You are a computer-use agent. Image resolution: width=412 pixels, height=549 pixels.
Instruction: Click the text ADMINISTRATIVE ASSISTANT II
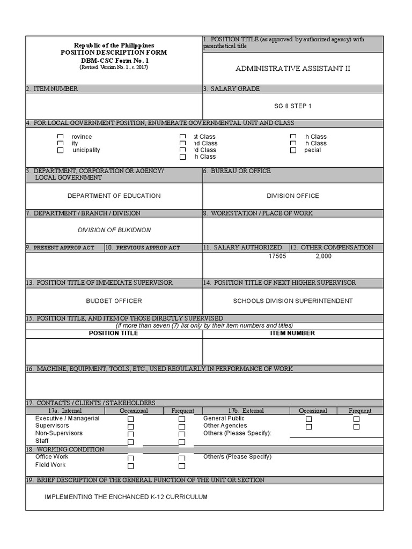(x=293, y=69)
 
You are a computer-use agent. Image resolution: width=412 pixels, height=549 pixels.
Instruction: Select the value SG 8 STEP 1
(x=293, y=106)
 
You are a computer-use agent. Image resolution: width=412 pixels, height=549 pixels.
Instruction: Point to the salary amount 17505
(x=277, y=256)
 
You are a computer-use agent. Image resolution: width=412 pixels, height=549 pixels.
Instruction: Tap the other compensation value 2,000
(x=323, y=256)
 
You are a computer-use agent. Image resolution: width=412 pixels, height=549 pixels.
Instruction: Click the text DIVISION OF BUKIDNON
(x=114, y=230)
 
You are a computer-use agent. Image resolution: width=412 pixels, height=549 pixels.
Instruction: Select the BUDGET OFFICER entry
(x=114, y=301)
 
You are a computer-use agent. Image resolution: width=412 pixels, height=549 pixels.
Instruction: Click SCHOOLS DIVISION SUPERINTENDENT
(x=293, y=301)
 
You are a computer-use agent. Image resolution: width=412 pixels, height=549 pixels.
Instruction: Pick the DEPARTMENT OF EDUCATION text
(x=114, y=196)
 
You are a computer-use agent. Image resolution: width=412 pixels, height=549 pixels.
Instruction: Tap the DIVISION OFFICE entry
(x=293, y=196)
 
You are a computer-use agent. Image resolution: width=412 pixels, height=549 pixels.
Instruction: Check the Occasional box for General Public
(x=308, y=419)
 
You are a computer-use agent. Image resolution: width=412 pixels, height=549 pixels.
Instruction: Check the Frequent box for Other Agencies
(x=357, y=427)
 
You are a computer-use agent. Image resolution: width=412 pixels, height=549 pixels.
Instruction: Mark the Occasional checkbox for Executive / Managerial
(x=131, y=419)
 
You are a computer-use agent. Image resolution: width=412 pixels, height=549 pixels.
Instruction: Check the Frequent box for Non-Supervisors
(x=182, y=434)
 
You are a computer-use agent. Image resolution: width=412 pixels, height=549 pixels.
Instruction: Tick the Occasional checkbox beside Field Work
(x=131, y=466)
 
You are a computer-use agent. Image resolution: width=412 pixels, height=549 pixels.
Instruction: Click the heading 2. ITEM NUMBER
(x=52, y=88)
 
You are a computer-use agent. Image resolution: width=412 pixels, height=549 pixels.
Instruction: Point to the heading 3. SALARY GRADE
(x=232, y=88)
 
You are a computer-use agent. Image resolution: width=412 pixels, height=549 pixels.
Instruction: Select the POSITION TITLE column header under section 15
(x=113, y=333)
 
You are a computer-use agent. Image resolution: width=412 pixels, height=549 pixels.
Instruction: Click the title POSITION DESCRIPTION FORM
(x=113, y=52)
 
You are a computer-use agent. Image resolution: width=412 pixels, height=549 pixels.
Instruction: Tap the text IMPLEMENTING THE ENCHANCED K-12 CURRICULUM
(x=126, y=497)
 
